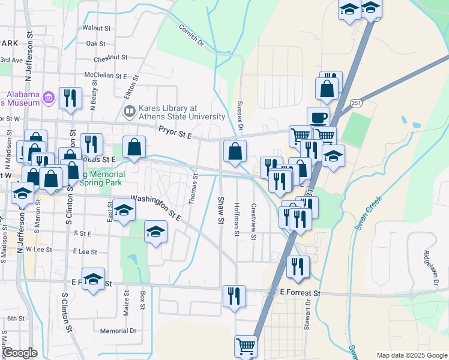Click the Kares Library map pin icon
(129, 112)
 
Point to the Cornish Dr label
(191, 35)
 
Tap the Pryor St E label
(175, 133)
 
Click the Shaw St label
(221, 211)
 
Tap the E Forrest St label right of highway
(301, 293)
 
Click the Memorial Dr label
(118, 331)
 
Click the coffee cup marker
(318, 116)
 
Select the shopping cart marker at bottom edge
(246, 346)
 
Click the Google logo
(20, 353)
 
